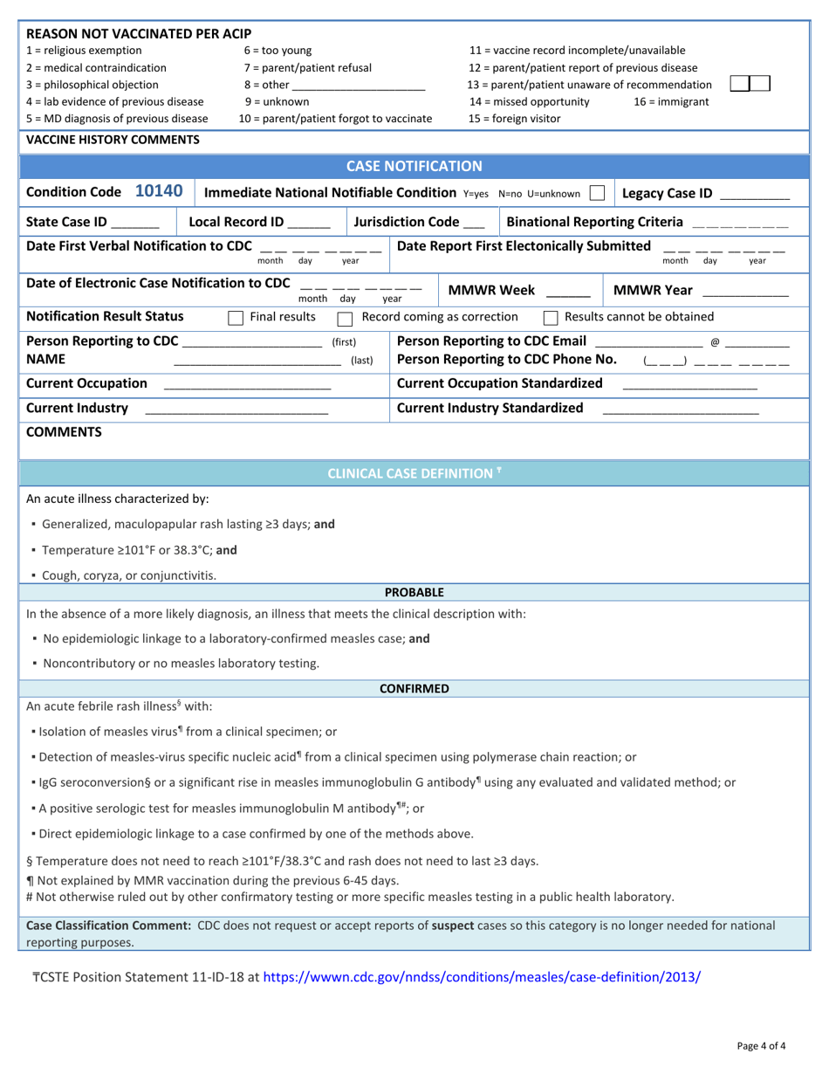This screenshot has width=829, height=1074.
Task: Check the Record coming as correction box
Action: pyautogui.click(x=345, y=316)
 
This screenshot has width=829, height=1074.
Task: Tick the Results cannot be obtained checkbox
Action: pyautogui.click(x=551, y=316)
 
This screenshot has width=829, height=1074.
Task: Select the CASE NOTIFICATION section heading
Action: pyautogui.click(x=414, y=166)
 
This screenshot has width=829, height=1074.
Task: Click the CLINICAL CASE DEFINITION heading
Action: pyautogui.click(x=414, y=473)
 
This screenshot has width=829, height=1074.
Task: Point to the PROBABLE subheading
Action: pyautogui.click(x=414, y=592)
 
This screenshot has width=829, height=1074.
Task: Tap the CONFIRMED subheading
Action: pyautogui.click(x=414, y=689)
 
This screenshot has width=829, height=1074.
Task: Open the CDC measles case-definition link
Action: pyautogui.click(x=481, y=977)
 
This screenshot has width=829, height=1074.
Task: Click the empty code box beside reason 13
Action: pyautogui.click(x=750, y=84)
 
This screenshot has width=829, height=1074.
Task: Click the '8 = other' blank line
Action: pyautogui.click(x=359, y=86)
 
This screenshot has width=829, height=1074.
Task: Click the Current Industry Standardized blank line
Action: pyautogui.click(x=681, y=410)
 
